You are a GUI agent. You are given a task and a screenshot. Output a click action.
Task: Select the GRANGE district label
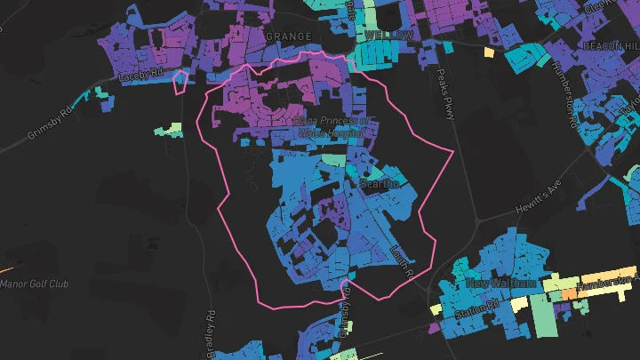[x=289, y=36]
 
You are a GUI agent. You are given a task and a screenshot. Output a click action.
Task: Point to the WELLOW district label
[x=388, y=34]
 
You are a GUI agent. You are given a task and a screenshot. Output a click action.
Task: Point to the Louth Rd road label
[x=403, y=266]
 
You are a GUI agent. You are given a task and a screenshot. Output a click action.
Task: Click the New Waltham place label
[x=500, y=283]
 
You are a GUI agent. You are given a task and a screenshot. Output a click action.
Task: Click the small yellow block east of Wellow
[x=488, y=52]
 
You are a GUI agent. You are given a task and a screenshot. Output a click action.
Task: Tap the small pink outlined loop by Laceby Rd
[x=180, y=81]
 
